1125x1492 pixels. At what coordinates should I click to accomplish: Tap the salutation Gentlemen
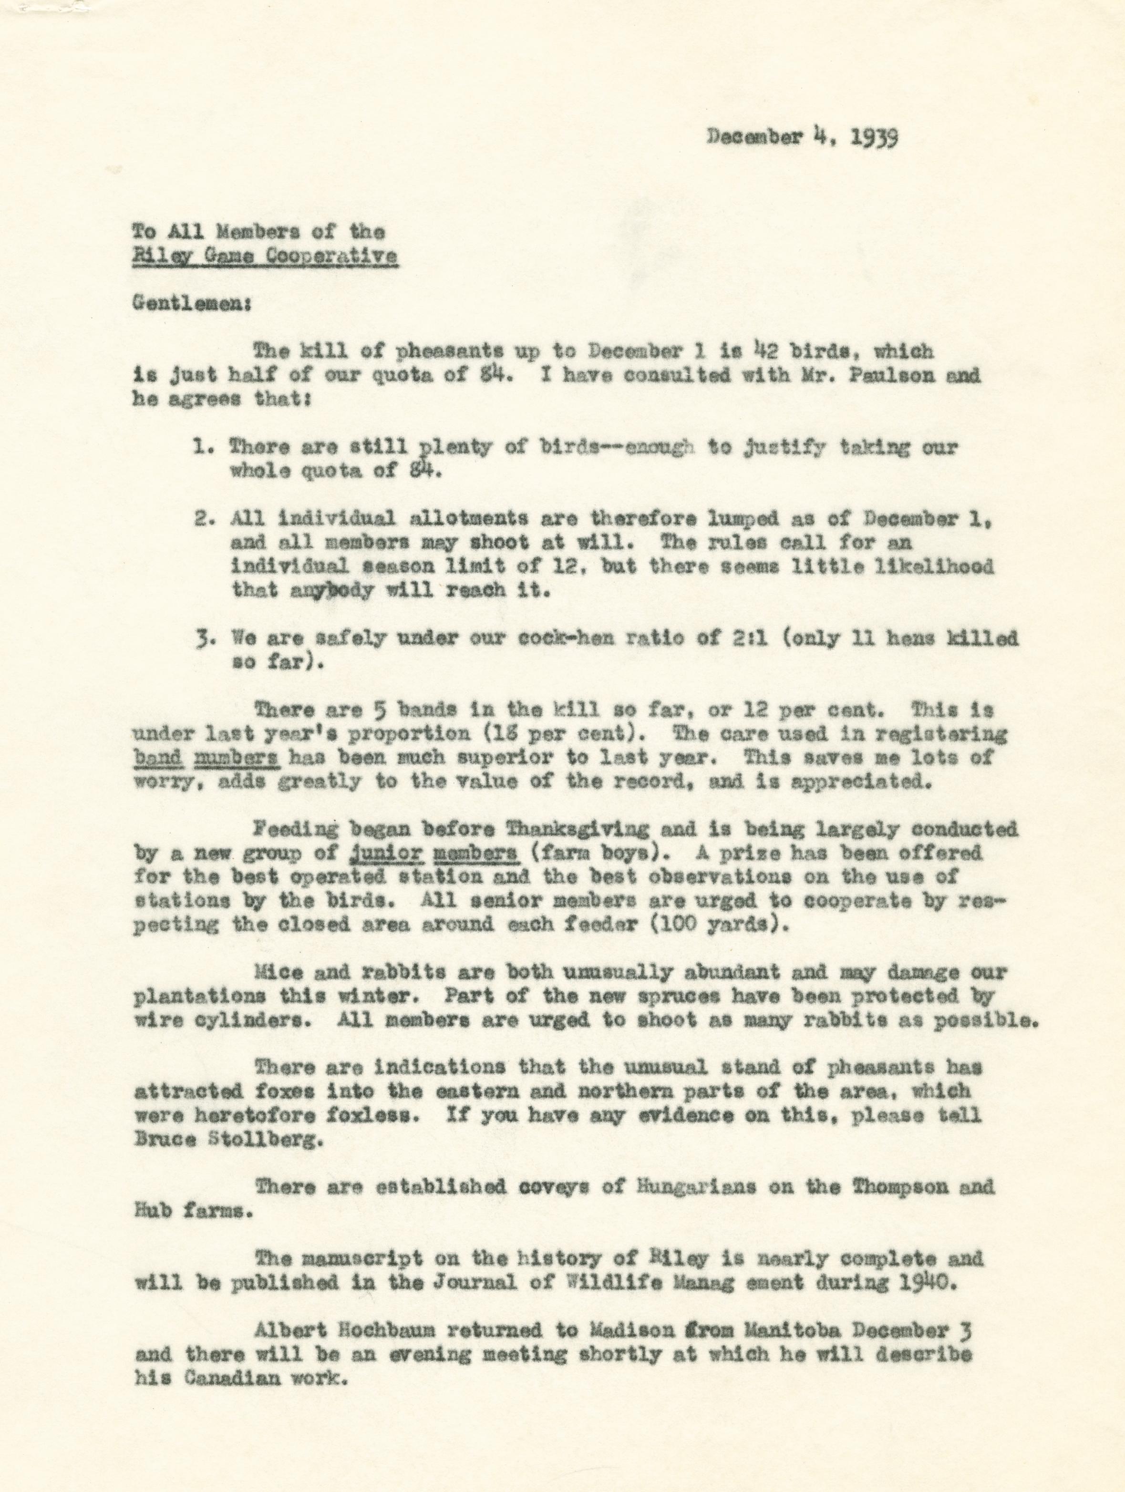[192, 304]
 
